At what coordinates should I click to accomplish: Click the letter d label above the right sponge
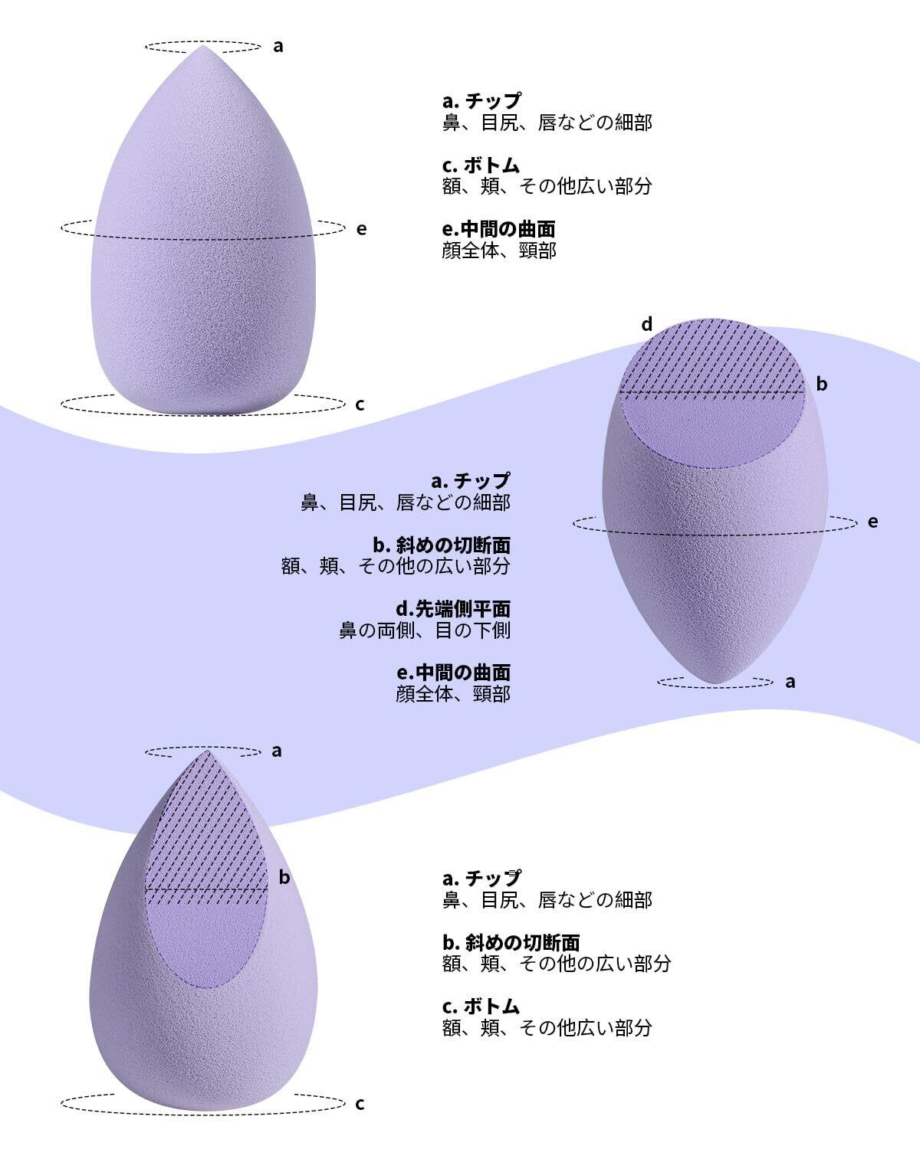tap(647, 325)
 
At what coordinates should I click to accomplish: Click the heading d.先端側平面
tap(453, 609)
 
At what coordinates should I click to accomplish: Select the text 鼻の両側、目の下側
tap(425, 630)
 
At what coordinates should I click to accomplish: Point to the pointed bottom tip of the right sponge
tap(715, 681)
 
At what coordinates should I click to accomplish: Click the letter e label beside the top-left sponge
tap(362, 228)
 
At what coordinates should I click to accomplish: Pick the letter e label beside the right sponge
tap(872, 522)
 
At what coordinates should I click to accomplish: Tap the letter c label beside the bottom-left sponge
tap(360, 1104)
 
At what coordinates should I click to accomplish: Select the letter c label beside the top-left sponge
tap(360, 404)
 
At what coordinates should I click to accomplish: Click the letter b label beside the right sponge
tap(822, 384)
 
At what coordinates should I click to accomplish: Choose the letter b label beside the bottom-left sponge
tap(284, 877)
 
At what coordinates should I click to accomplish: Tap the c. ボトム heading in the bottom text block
tap(481, 1006)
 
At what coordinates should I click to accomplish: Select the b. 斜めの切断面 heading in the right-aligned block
tap(442, 545)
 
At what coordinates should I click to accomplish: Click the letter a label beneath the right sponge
tap(791, 682)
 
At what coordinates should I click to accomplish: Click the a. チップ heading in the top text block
tap(481, 100)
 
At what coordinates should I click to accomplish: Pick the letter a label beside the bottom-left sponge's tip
tap(277, 751)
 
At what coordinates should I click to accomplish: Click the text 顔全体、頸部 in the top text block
tap(499, 250)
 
